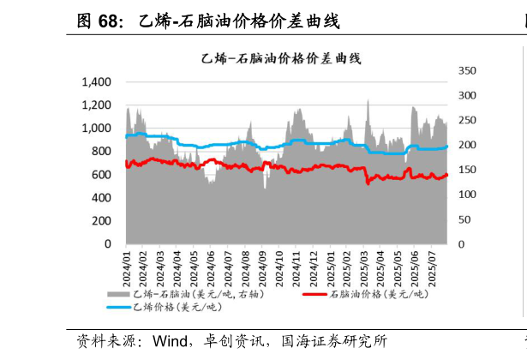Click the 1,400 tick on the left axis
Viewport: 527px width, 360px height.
pos(97,81)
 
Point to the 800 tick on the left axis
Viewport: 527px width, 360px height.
pos(101,151)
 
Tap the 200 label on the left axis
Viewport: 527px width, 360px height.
pos(101,221)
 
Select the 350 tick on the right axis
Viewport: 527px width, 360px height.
pos(467,70)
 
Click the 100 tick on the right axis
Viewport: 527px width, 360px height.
pos(467,195)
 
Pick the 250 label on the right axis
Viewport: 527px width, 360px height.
pos(467,120)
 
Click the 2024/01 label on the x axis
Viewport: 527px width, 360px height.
pos(126,269)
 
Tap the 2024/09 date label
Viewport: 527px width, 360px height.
pos(262,269)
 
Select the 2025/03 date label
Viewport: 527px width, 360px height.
pos(364,269)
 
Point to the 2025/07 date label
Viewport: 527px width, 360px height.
pos(432,269)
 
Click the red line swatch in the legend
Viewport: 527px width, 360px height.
pos(314,295)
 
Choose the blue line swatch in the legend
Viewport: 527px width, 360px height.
pos(118,307)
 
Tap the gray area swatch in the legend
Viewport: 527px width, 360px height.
pos(118,295)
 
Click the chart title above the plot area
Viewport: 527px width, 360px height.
pos(281,59)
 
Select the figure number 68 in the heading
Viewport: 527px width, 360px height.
pos(108,21)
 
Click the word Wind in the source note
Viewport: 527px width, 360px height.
pos(170,341)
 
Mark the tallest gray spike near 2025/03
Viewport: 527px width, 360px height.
pos(368,99)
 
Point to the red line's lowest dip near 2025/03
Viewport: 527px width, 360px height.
pos(368,183)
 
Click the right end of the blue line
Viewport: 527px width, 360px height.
pos(446,147)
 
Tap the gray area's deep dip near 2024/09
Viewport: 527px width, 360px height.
pos(265,188)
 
